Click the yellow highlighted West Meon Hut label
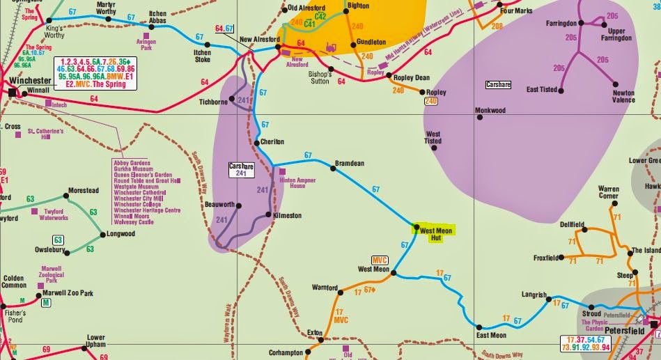point(436,233)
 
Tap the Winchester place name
point(31,81)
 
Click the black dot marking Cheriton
point(256,141)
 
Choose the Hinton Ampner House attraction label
point(293,182)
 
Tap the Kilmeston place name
point(288,215)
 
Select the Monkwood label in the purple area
point(490,110)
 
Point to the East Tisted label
point(543,89)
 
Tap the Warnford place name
point(325,287)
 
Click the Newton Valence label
point(624,96)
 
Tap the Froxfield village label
point(547,258)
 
